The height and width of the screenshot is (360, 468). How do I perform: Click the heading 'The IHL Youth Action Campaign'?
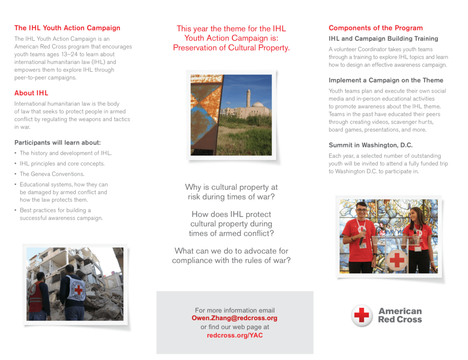click(x=67, y=28)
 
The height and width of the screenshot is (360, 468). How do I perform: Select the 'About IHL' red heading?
click(x=31, y=93)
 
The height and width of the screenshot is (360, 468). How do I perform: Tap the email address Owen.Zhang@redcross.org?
click(x=234, y=318)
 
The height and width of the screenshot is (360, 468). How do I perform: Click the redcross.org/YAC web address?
click(x=234, y=335)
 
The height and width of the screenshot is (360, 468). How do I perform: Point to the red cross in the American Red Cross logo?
click(x=362, y=315)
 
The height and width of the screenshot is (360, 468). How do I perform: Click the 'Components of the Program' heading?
click(x=376, y=28)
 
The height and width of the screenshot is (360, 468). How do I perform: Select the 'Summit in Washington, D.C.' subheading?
click(x=371, y=145)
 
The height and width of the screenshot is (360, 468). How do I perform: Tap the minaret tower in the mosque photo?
click(x=248, y=98)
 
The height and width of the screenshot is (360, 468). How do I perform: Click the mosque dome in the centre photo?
click(x=260, y=106)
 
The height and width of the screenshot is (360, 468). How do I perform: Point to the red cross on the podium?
click(x=397, y=260)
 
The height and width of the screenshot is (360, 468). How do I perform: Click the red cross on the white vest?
click(x=78, y=290)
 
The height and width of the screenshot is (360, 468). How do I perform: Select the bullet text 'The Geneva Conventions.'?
click(x=52, y=174)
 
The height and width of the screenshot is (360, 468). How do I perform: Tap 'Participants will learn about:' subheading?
click(x=58, y=142)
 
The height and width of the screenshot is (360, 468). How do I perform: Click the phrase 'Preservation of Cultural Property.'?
click(x=231, y=48)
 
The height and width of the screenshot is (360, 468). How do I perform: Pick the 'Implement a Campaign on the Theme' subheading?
click(x=386, y=80)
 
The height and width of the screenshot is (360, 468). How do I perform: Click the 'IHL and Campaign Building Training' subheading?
click(x=383, y=39)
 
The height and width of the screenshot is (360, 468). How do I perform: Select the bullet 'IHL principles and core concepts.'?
click(x=62, y=163)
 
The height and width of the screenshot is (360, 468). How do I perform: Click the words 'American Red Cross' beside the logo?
click(x=400, y=315)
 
